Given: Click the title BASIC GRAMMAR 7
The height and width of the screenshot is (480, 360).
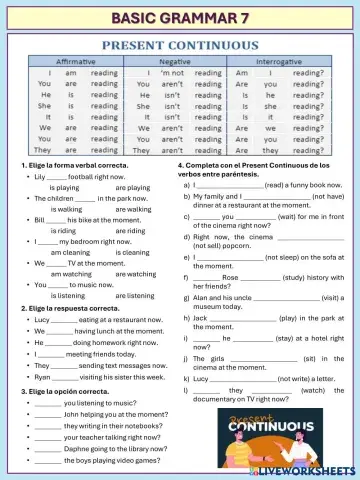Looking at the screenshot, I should click(x=180, y=18).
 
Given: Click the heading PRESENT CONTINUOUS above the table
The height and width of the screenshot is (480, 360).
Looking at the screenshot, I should click(x=181, y=46).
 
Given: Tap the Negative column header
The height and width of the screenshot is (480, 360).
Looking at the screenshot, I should click(x=179, y=61).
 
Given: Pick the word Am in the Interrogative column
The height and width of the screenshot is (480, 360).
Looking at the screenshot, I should click(x=240, y=73).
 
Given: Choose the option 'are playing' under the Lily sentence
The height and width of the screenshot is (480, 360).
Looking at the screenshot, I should click(x=133, y=187).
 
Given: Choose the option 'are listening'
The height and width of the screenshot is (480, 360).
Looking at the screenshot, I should click(x=134, y=296).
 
